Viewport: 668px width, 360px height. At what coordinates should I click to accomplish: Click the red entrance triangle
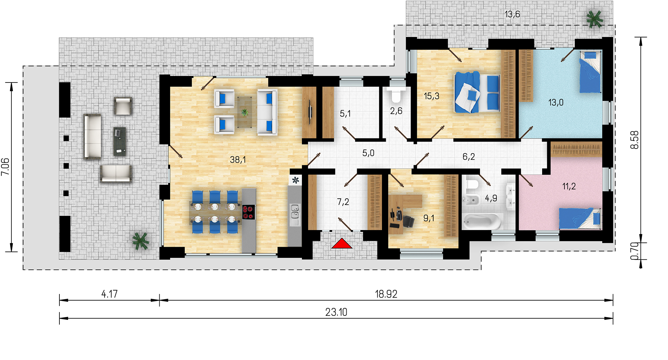(x=342, y=244)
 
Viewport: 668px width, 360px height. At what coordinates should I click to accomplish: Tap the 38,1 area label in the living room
(x=238, y=160)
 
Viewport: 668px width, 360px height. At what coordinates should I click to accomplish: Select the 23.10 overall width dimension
(x=336, y=312)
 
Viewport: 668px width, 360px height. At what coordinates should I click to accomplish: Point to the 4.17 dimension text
(x=110, y=294)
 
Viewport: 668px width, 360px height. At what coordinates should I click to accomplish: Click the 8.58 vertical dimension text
(x=634, y=140)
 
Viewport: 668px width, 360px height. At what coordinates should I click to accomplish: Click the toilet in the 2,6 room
(x=396, y=95)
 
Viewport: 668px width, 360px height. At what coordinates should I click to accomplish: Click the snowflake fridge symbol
(x=296, y=180)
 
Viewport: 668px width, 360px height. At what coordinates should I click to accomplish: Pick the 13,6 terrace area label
(x=512, y=14)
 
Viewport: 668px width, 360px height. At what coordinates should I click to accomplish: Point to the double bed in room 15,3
(x=477, y=92)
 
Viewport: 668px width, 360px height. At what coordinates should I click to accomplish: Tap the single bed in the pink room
(x=580, y=219)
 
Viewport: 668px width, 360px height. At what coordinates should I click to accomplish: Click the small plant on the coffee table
(x=245, y=113)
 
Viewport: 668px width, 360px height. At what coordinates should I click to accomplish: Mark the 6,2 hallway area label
(x=469, y=156)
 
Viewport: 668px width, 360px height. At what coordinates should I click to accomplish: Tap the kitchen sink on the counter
(x=295, y=211)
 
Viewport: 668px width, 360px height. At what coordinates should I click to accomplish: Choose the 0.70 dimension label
(x=634, y=251)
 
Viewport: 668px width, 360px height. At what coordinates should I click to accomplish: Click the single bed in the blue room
(x=591, y=72)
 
